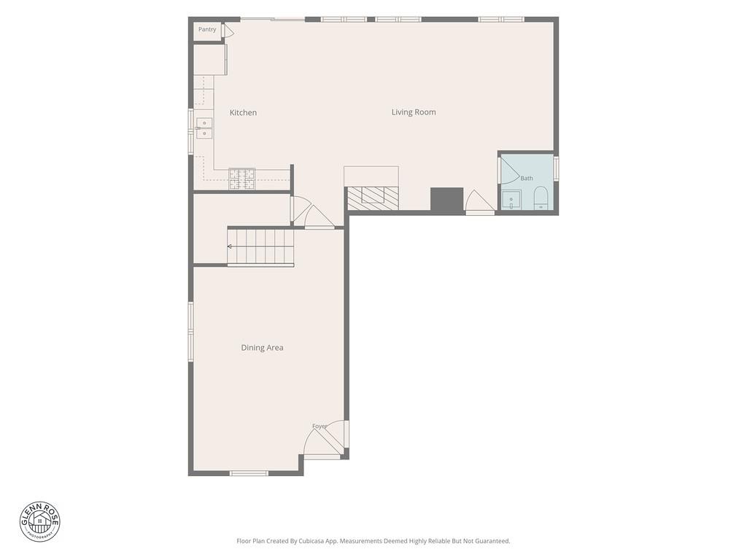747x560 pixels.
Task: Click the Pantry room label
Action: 207,29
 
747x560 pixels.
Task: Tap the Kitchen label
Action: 243,112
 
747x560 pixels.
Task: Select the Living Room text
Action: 414,112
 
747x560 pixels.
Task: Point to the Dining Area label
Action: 262,348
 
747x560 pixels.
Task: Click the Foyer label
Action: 320,426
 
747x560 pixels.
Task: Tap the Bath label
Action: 527,178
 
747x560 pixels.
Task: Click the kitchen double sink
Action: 204,128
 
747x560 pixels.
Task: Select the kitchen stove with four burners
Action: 242,179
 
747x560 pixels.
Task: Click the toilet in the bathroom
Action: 541,198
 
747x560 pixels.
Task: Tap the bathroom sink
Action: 511,200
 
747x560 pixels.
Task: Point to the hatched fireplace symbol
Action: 373,198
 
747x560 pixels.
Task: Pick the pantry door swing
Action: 228,31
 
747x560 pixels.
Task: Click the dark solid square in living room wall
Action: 447,199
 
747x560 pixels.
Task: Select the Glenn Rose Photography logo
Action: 40,522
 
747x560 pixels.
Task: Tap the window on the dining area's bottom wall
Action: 249,473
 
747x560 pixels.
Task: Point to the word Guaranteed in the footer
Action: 494,541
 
